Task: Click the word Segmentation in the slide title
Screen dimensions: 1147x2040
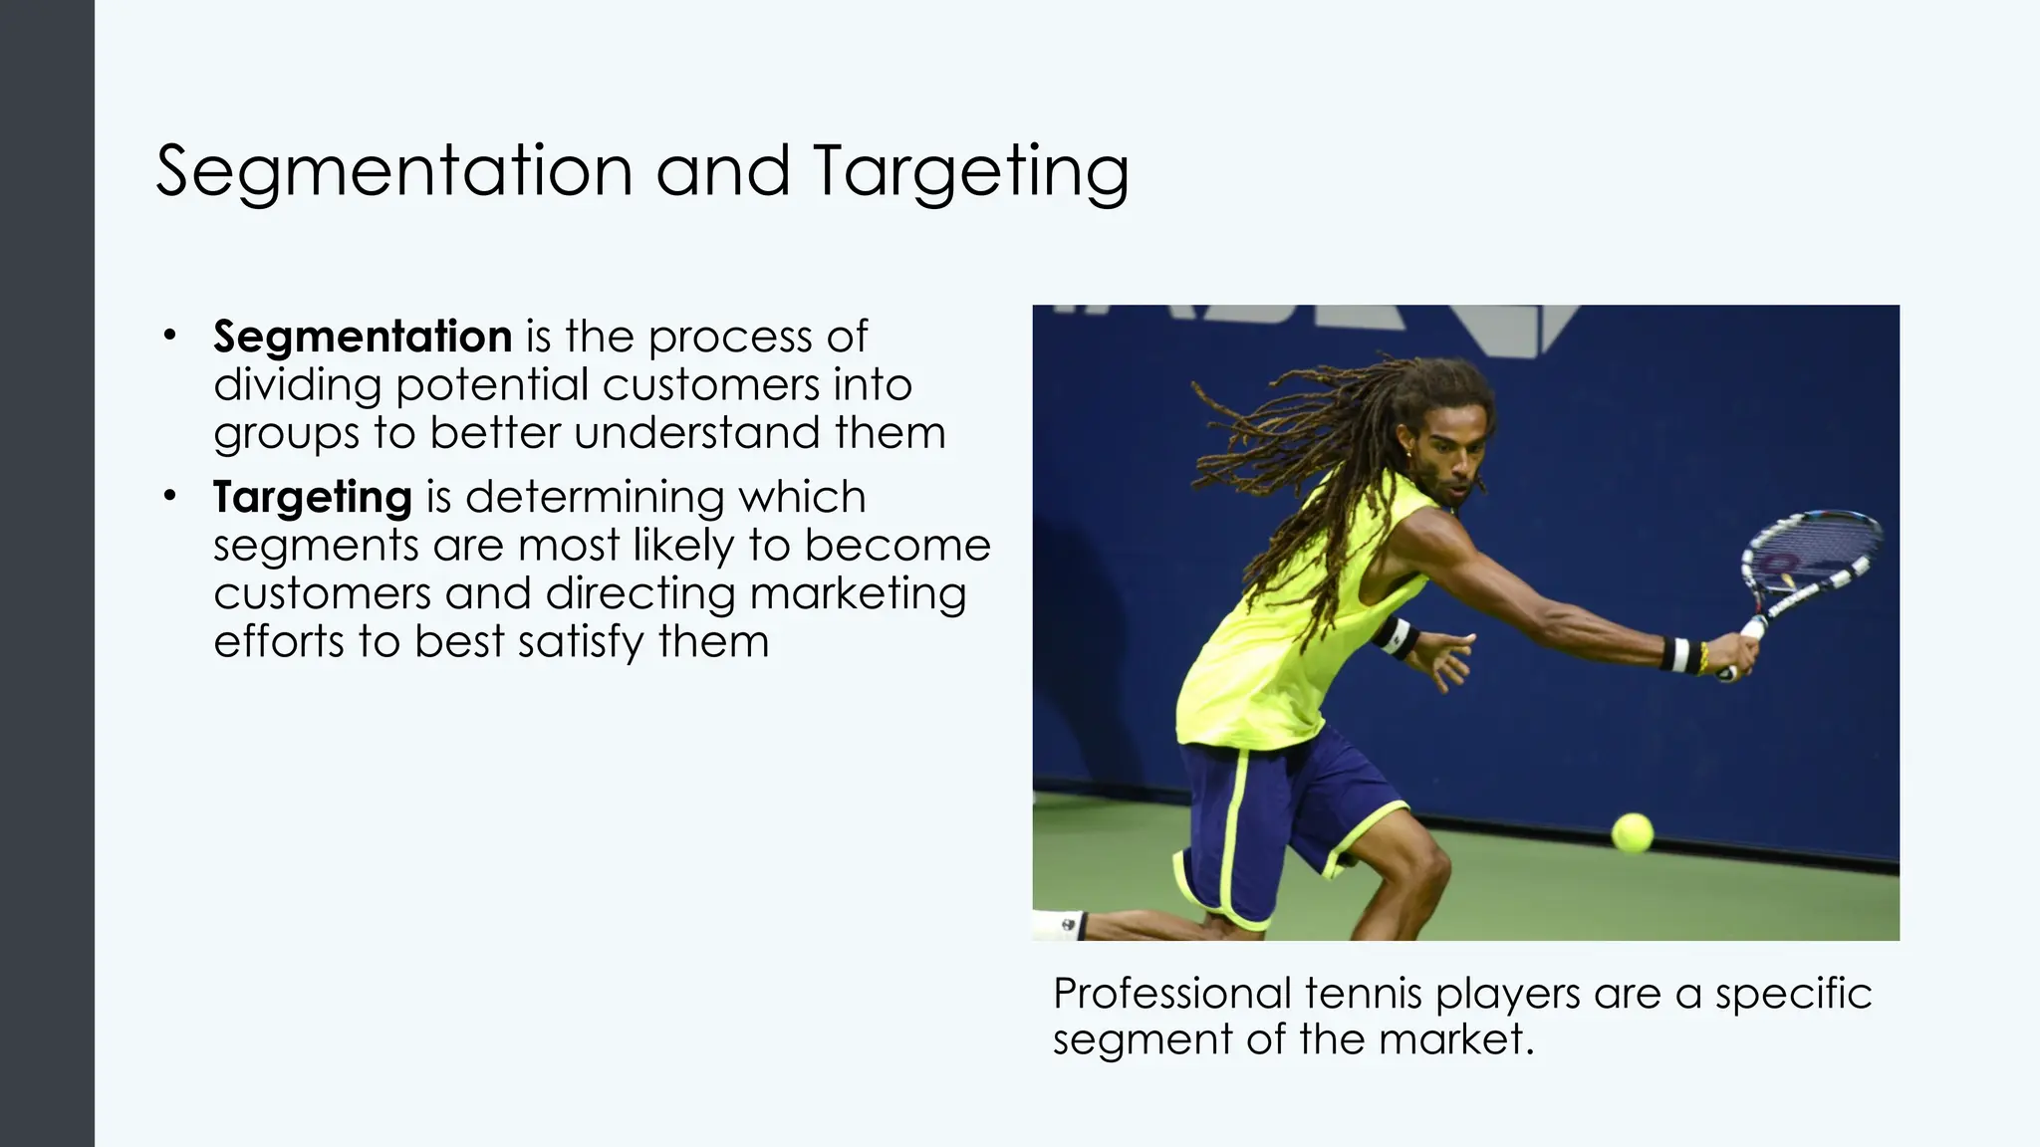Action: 394,171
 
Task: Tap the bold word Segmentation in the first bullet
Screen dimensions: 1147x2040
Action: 363,337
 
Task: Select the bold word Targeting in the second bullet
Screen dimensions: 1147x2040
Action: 312,496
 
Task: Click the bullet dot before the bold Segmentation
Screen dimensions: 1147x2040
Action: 170,335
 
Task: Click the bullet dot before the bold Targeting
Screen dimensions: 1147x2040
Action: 170,495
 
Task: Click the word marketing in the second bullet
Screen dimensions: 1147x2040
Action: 858,593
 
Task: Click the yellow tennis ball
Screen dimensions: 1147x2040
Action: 1632,832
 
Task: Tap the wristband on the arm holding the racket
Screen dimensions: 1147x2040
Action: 1680,654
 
